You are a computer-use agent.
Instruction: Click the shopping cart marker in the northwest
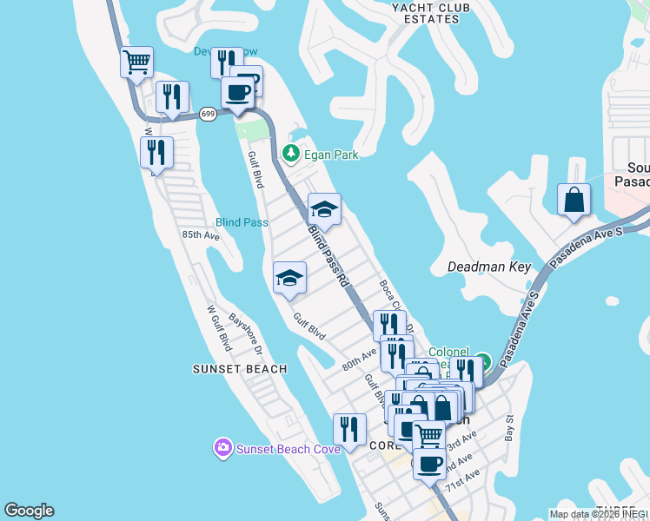[x=136, y=63]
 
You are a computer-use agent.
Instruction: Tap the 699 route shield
[x=208, y=114]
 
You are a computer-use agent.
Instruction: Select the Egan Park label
[x=330, y=155]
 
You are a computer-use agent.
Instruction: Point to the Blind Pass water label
[x=242, y=222]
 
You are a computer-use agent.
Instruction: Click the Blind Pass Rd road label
[x=329, y=257]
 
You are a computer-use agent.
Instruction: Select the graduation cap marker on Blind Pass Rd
[x=324, y=209]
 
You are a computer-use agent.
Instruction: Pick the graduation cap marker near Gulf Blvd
[x=289, y=279]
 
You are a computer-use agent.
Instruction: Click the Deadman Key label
[x=488, y=267]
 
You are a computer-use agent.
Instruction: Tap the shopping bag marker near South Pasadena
[x=574, y=200]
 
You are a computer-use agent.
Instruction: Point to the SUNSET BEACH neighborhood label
[x=240, y=369]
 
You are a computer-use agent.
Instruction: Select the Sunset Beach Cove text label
[x=279, y=449]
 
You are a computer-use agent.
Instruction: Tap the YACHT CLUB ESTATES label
[x=425, y=13]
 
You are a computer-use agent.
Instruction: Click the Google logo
[x=30, y=511]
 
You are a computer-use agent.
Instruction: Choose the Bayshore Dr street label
[x=246, y=333]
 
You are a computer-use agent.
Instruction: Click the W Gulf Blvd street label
[x=218, y=327]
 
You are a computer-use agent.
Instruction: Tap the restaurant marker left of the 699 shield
[x=172, y=97]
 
